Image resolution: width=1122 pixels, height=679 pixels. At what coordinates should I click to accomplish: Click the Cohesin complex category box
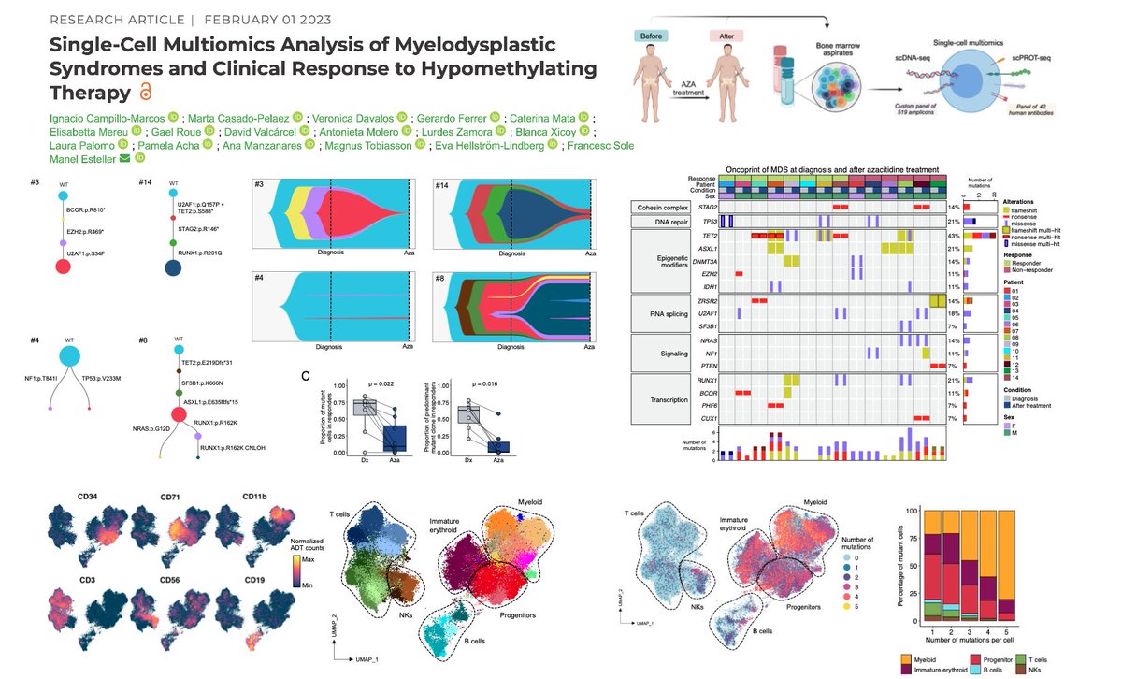(662, 205)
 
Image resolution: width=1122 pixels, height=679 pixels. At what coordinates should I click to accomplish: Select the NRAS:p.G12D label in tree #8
(137, 429)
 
